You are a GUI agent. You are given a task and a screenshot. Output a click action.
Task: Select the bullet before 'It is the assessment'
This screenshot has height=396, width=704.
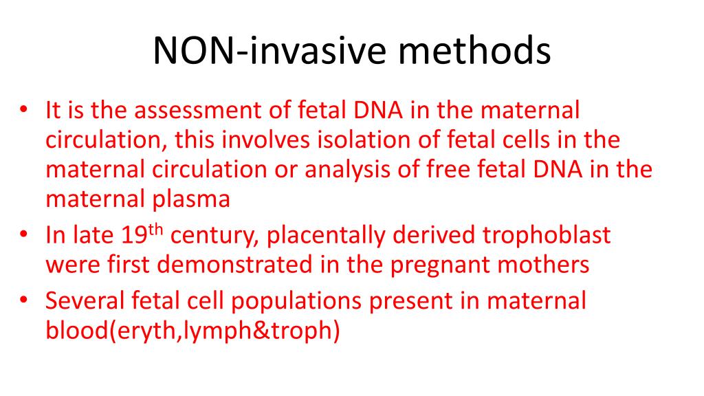[x=25, y=110]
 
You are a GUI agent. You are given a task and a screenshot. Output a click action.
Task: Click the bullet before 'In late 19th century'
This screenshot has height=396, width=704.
[x=25, y=236]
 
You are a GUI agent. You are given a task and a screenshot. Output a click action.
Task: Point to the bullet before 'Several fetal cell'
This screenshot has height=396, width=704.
[x=25, y=301]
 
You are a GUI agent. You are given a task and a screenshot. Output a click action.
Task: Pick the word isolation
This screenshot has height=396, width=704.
[x=360, y=140]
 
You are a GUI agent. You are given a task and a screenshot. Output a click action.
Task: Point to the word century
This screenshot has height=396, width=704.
[x=214, y=236]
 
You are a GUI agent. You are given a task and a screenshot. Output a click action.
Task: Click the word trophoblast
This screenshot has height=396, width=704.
[x=547, y=236]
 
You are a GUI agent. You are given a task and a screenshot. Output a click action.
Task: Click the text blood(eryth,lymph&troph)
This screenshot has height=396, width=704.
[x=193, y=331]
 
